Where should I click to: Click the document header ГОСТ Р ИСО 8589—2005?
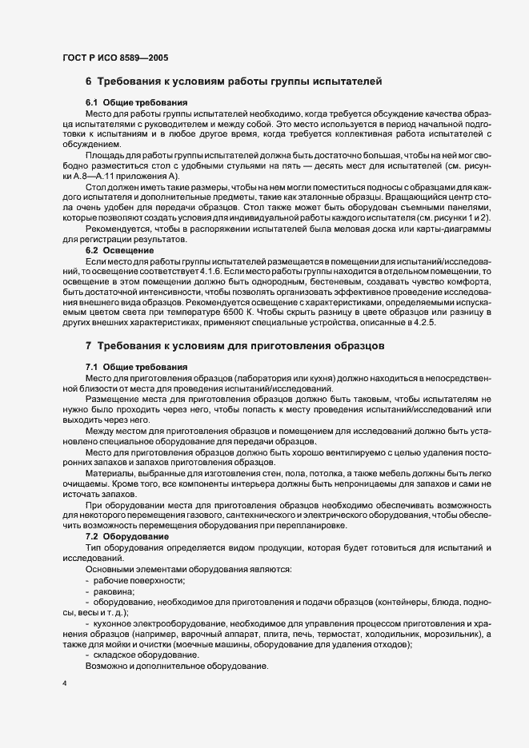tap(115, 58)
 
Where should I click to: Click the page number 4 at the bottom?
tap(64, 686)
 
